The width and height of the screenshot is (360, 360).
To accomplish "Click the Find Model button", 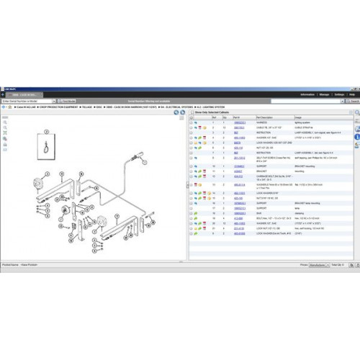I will [x=70, y=102].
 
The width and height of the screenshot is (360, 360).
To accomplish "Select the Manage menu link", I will [x=325, y=94].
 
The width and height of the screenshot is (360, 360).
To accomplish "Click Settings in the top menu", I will [x=341, y=94].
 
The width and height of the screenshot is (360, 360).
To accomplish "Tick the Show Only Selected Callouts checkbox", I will [x=192, y=113].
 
